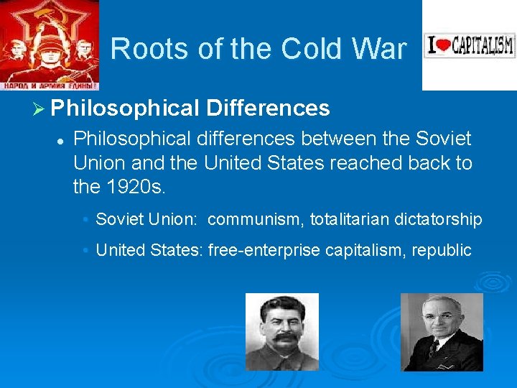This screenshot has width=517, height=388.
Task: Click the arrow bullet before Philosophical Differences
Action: [x=39, y=108]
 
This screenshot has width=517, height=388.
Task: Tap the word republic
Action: [x=443, y=250]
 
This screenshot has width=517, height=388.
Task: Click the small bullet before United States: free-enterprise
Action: [x=85, y=251]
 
